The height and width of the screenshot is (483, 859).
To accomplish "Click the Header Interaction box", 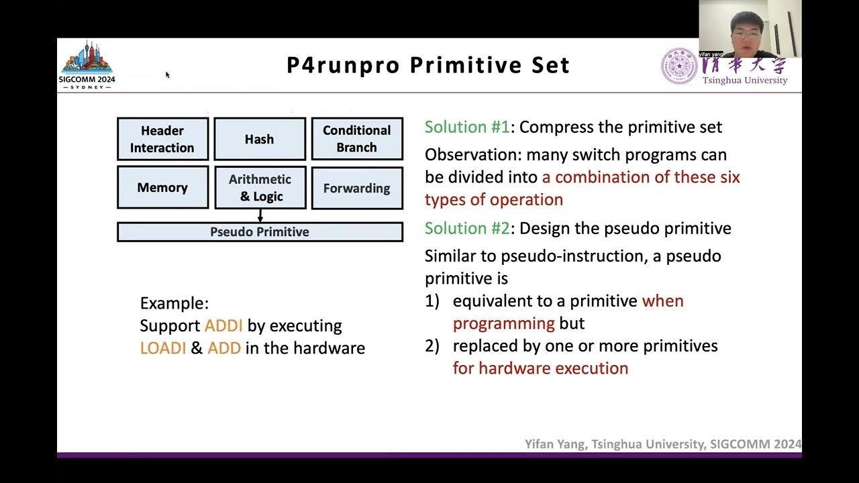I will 162,139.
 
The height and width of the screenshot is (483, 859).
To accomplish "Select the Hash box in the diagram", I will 260,139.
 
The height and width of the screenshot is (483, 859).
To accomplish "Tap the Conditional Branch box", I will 356,139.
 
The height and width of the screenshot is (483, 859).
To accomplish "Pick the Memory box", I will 162,188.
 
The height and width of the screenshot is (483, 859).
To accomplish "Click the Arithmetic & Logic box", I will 260,188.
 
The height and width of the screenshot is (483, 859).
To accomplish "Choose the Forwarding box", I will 356,188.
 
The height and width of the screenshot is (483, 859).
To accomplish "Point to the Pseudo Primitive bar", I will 260,232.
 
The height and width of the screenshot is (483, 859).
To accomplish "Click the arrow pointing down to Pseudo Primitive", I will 260,215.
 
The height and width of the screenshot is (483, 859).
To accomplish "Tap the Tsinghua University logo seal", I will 678,66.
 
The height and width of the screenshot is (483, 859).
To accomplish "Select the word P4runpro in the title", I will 343,66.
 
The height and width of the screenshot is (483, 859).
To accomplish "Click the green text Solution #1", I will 467,127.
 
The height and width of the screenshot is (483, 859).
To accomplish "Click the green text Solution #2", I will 467,229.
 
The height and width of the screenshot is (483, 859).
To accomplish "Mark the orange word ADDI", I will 223,326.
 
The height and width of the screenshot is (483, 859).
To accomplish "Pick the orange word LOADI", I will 163,349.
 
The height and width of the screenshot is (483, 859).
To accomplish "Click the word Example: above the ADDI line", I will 174,303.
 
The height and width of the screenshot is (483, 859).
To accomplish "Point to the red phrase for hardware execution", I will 540,368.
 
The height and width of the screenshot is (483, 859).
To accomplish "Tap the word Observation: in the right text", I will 473,155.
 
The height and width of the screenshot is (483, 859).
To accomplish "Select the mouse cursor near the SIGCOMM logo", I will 167,74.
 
